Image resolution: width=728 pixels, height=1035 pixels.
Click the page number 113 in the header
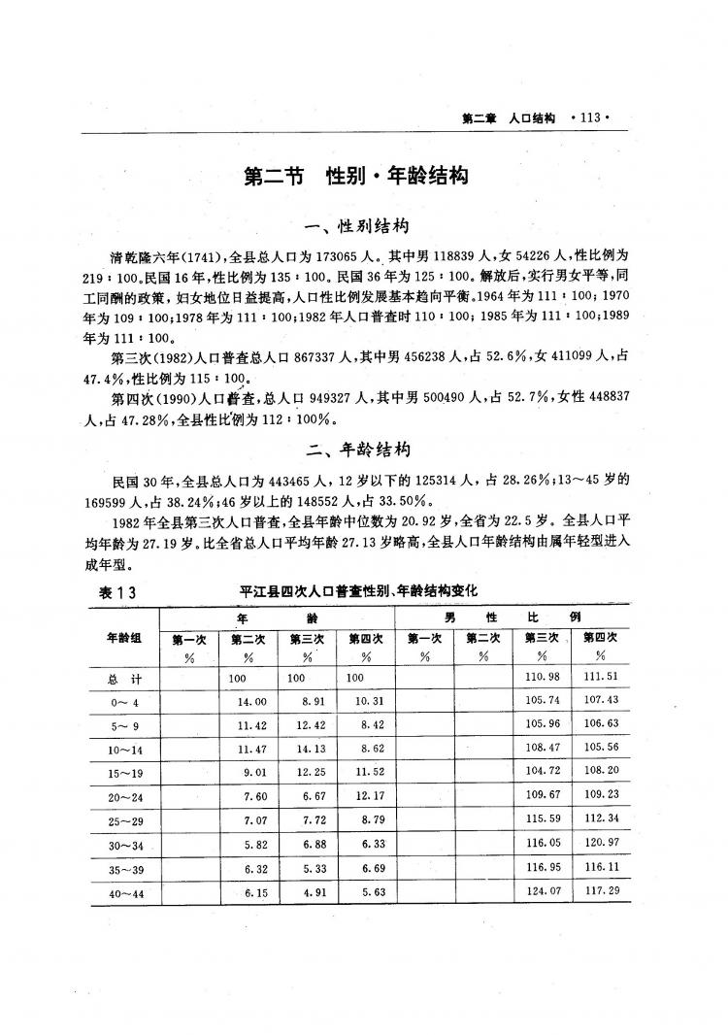tap(590, 117)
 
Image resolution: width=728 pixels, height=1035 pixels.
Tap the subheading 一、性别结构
tap(356, 227)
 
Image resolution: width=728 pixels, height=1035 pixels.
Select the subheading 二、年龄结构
tap(357, 450)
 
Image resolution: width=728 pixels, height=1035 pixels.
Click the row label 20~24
tap(126, 796)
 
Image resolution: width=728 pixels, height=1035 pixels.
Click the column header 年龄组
tap(125, 638)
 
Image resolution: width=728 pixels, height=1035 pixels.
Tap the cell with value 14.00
tap(251, 701)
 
